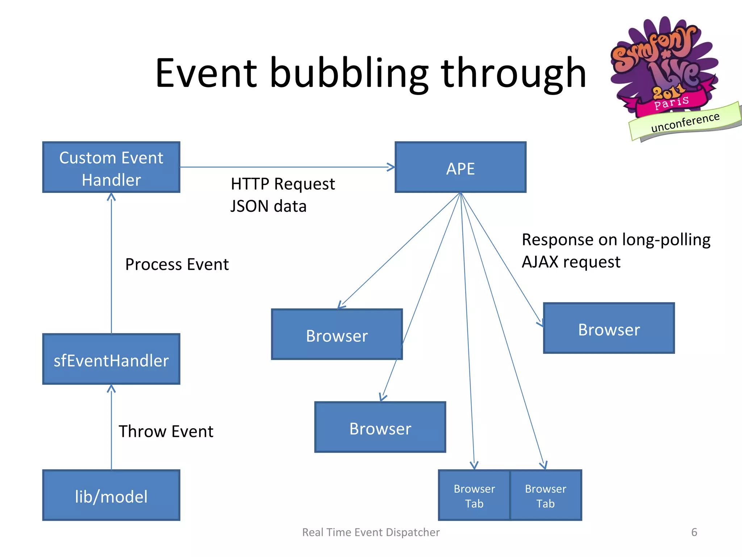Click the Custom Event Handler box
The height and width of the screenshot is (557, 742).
click(x=111, y=167)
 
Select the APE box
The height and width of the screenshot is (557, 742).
click(x=460, y=167)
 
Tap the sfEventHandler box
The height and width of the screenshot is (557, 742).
click(x=111, y=359)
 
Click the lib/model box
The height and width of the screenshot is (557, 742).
click(x=111, y=495)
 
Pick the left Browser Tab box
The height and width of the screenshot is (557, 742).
click(x=474, y=495)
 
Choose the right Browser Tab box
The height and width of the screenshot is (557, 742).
click(x=546, y=495)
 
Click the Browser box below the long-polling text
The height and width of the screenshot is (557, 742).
click(x=609, y=328)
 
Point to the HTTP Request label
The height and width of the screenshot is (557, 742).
click(x=283, y=184)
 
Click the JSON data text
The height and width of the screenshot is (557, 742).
click(x=268, y=206)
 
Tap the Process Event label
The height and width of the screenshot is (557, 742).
click(x=177, y=264)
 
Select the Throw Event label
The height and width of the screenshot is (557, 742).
click(x=166, y=432)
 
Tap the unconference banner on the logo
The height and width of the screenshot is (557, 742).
click(x=685, y=123)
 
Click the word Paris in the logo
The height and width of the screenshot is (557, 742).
click(x=671, y=103)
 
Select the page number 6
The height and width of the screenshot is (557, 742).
click(x=694, y=532)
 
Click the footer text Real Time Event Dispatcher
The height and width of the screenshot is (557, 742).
click(x=371, y=532)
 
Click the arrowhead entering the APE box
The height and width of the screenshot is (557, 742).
click(x=391, y=167)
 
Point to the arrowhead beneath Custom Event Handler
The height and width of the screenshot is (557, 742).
click(x=111, y=197)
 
